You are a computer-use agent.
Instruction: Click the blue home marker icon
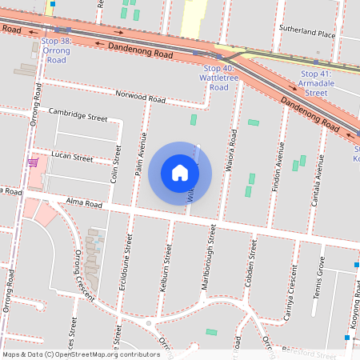180,173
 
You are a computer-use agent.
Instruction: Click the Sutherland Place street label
307,34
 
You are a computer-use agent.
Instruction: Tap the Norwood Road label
140,98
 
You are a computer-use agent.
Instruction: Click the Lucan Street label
72,157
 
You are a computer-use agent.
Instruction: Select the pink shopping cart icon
34,163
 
